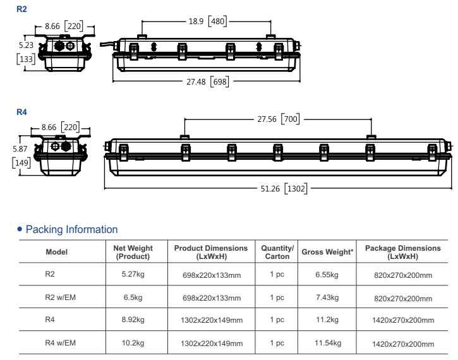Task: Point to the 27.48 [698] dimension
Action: coord(207,81)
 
